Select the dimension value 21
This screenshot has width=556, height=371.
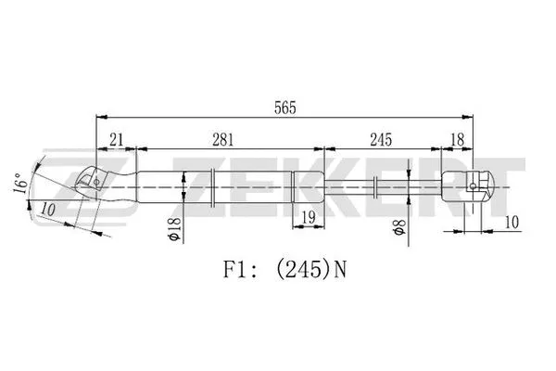[117, 140]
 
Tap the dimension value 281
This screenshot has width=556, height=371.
[221, 140]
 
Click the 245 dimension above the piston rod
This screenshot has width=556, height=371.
[381, 140]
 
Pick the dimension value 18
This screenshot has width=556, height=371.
[456, 140]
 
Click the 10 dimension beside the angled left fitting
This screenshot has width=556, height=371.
[49, 211]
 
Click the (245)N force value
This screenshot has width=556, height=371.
[311, 271]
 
